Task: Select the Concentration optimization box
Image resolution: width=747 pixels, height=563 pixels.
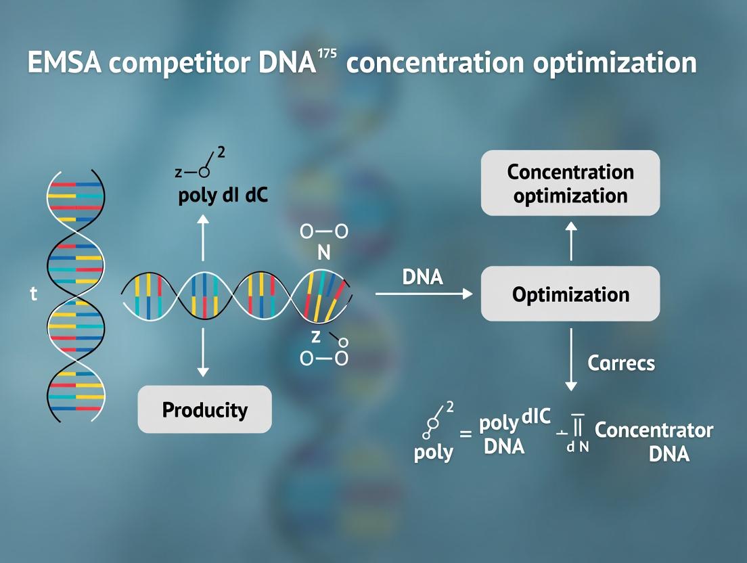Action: point(570,183)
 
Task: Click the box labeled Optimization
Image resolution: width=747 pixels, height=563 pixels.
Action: point(570,294)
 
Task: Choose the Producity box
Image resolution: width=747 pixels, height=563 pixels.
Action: point(204,410)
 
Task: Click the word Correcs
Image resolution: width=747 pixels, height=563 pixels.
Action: point(621,363)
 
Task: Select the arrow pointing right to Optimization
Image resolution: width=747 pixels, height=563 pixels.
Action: point(423,294)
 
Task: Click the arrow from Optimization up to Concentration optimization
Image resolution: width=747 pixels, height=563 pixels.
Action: point(570,241)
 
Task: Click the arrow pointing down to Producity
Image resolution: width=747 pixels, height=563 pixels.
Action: point(203,353)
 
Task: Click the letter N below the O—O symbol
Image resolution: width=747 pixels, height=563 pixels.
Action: point(323,254)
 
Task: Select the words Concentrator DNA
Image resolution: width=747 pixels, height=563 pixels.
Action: point(654,441)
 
